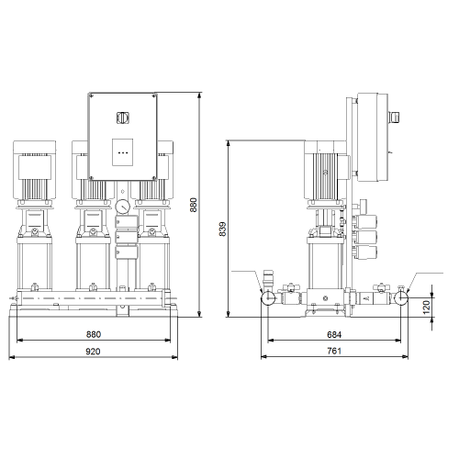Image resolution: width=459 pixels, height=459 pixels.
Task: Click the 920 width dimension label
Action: click(93, 352)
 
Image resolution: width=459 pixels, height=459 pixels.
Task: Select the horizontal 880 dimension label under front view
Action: click(94, 334)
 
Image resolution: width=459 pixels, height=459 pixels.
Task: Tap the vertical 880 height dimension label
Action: click(194, 205)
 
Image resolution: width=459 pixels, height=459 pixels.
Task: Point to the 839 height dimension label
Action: click(222, 229)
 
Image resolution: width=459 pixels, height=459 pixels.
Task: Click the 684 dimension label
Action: click(334, 335)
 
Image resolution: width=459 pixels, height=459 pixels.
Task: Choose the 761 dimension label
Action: click(334, 351)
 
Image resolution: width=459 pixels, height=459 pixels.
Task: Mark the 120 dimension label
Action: click(426, 307)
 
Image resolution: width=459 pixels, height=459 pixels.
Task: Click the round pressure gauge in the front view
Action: click(123, 207)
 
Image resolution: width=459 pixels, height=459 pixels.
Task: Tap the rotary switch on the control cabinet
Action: click(123, 118)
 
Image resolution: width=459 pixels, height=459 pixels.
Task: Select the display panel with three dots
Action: click(122, 152)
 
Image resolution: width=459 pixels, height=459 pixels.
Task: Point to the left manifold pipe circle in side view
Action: click(268, 297)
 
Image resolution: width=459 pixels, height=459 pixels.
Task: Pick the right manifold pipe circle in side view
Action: click(401, 297)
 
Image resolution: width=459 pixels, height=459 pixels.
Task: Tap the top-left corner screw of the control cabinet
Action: click(91, 95)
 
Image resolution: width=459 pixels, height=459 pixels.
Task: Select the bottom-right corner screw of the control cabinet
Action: click(153, 178)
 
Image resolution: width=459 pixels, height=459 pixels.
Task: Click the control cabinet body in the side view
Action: click(373, 138)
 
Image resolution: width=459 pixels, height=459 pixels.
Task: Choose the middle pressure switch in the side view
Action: click(365, 237)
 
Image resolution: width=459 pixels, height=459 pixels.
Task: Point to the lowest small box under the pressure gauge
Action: click(127, 252)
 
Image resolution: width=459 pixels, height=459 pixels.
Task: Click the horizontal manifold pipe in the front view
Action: click(93, 297)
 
